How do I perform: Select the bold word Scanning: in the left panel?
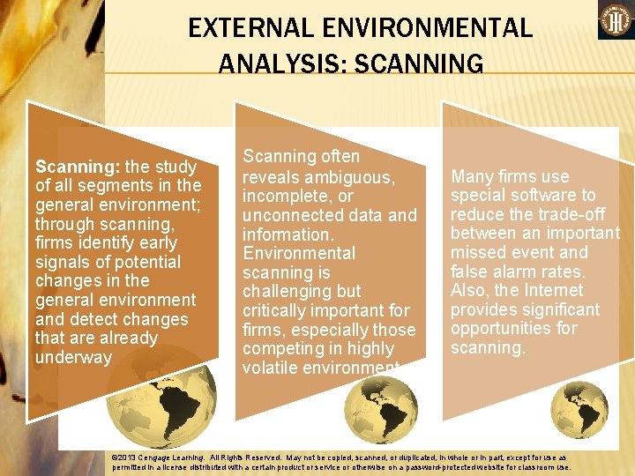point(77,166)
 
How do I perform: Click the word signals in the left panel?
point(63,262)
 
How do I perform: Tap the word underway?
point(73,357)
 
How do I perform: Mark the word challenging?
point(288,291)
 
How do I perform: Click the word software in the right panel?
point(539,196)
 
